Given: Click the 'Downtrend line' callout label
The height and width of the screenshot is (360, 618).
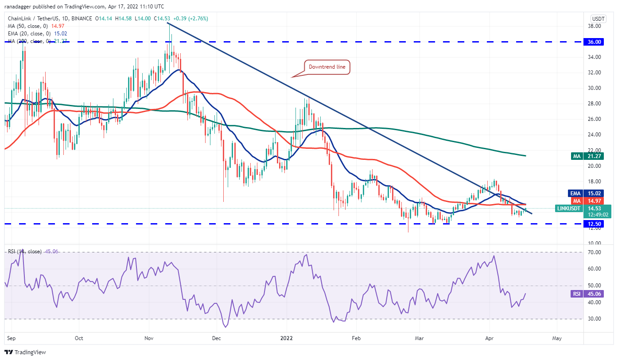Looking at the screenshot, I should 327,67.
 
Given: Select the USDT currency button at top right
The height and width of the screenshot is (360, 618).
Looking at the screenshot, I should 599,19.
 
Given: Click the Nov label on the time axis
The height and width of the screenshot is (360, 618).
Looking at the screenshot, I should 149,338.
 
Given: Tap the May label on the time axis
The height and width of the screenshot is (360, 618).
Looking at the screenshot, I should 557,338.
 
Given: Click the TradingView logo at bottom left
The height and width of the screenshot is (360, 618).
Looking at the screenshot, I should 25,352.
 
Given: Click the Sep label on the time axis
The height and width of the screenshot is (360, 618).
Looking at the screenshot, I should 12,338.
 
